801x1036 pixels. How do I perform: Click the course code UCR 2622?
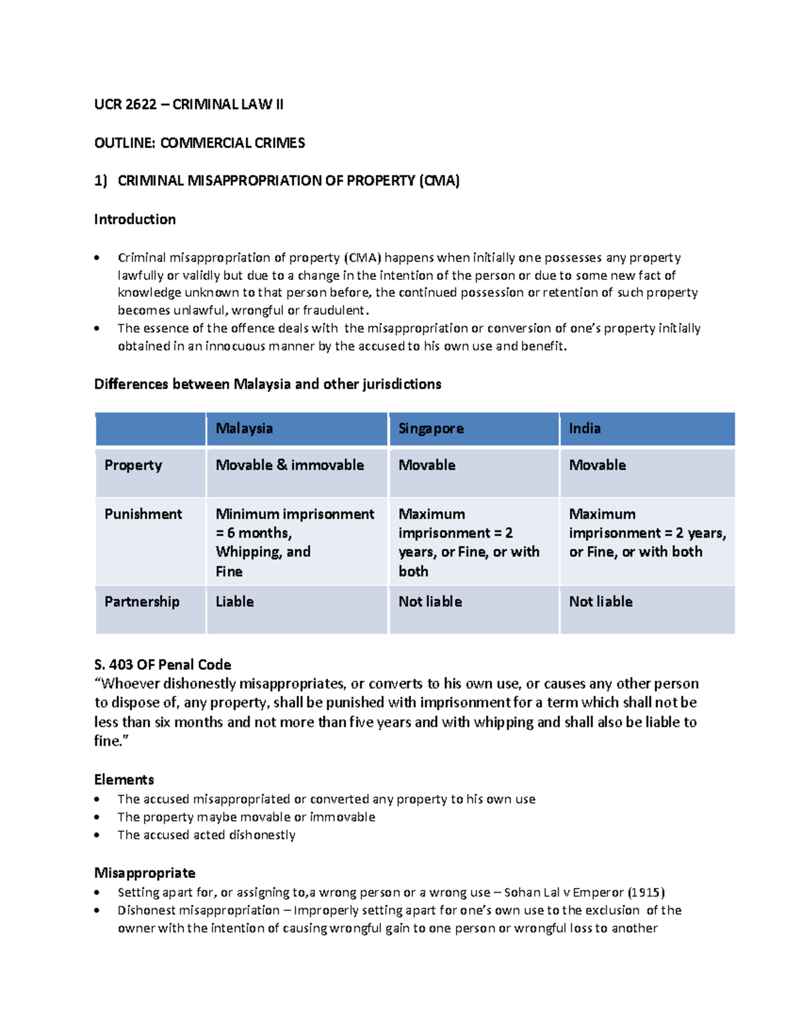coord(125,104)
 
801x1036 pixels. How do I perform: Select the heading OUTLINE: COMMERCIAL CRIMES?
coord(199,143)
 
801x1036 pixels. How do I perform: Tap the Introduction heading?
coord(135,219)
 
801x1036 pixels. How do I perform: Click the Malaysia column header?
coord(244,428)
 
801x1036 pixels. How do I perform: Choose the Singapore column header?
coord(431,428)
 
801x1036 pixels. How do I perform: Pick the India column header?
coord(584,428)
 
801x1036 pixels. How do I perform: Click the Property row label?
coord(133,465)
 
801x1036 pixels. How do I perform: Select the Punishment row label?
coord(143,514)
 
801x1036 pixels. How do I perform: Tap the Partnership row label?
coord(142,601)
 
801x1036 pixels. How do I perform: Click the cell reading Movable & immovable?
coord(290,465)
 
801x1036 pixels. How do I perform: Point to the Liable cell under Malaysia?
coord(234,601)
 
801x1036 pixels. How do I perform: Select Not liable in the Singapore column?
coord(430,601)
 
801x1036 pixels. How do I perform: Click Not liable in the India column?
coord(600,601)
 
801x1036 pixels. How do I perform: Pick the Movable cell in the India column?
coord(597,465)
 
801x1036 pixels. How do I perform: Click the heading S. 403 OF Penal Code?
coord(162,664)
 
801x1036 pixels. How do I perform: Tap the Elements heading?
coord(123,779)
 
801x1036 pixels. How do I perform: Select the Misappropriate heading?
coord(144,873)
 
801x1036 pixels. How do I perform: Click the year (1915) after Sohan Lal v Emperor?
coord(646,893)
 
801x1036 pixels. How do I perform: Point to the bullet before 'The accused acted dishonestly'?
coord(97,835)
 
